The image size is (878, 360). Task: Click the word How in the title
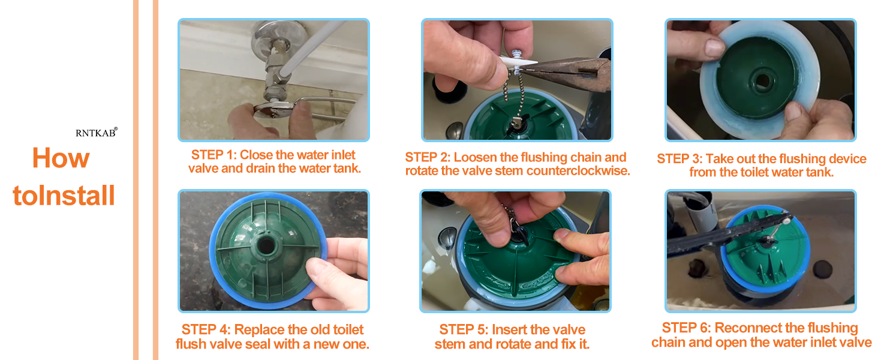[x=61, y=158]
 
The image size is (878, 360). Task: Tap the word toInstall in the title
[x=64, y=196]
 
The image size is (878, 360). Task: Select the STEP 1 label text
[x=214, y=155]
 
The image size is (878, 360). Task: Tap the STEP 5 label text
[x=463, y=330]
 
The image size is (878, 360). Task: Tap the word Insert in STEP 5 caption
[x=510, y=330]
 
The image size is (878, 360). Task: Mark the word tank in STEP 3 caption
[x=820, y=173]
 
